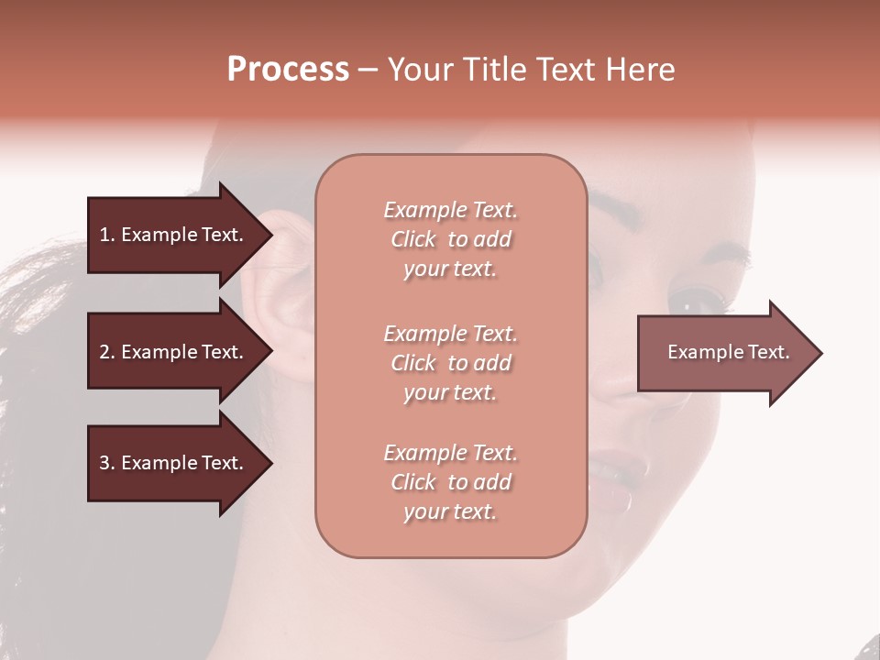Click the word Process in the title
pos(288,70)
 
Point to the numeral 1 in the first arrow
pos(104,235)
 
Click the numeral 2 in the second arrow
pos(104,352)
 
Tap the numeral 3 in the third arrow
pos(104,463)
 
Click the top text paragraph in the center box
pos(450,239)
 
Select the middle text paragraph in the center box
pos(450,363)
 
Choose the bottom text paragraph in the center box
pos(450,482)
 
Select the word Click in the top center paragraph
pos(413,239)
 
